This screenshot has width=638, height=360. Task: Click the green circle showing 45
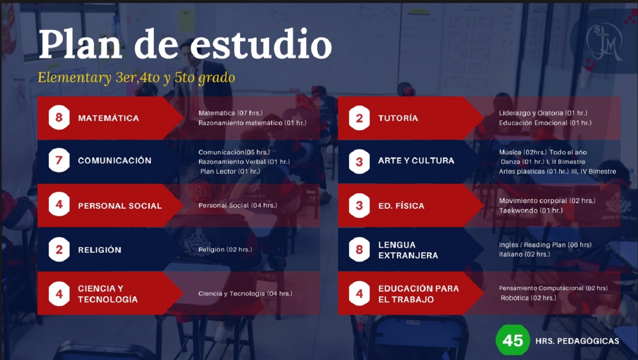coord(513,340)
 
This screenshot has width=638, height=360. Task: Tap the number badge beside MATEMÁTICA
coord(59,118)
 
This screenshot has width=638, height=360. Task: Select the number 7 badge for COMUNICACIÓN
coord(59,160)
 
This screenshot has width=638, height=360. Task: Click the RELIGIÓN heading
coord(100,250)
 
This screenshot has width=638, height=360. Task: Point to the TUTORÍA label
coord(398,118)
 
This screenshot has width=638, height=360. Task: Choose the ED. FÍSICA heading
coord(401,206)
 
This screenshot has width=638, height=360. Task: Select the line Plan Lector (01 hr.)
coord(230,171)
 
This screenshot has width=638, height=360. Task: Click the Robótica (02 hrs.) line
coord(528,298)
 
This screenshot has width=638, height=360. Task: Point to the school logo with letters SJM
coord(604,42)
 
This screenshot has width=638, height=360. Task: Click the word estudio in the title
coord(261,44)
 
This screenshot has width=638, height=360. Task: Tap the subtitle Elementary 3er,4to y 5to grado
coord(136,77)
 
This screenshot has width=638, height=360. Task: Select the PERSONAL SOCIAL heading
coord(120,206)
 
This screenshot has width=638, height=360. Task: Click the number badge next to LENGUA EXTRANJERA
coord(359,250)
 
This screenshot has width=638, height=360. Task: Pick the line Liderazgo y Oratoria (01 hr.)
coord(543,113)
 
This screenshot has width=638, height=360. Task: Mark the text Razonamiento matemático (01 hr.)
coord(253,123)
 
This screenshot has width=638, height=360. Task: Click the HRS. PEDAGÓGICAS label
coord(577,341)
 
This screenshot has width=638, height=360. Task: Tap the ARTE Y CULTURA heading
coord(416,160)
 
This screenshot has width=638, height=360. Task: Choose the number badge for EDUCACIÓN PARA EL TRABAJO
coord(359,293)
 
